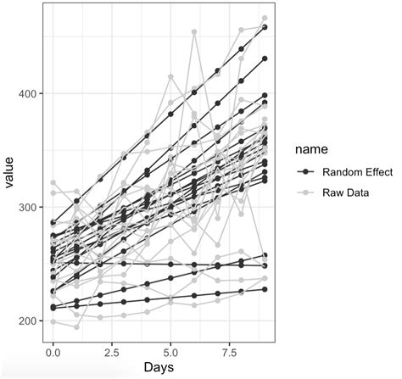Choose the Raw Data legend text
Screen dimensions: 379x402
346,191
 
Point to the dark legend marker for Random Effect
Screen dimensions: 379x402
306,171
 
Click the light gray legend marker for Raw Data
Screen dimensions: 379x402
306,191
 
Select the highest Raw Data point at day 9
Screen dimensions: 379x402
265,18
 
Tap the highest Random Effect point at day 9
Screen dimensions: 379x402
265,27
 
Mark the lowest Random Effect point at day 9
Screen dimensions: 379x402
265,289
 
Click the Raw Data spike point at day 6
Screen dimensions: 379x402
194,32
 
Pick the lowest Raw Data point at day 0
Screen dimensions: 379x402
53,322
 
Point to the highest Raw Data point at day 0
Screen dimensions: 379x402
53,182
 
